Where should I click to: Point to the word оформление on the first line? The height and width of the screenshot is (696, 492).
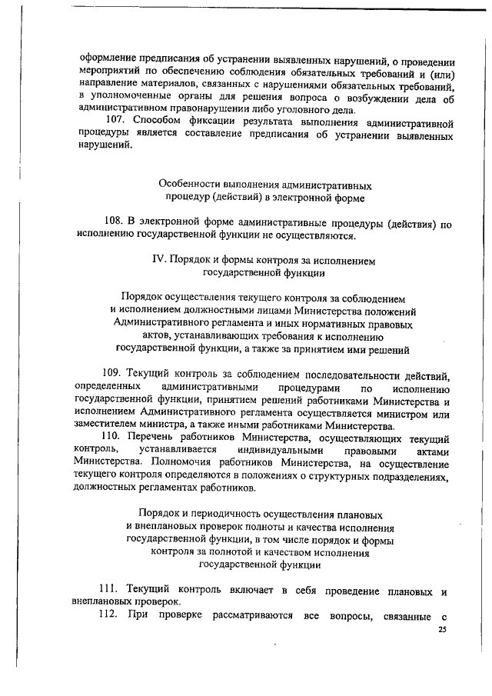[108, 59]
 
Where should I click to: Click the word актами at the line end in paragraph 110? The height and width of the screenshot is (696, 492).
[430, 449]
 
